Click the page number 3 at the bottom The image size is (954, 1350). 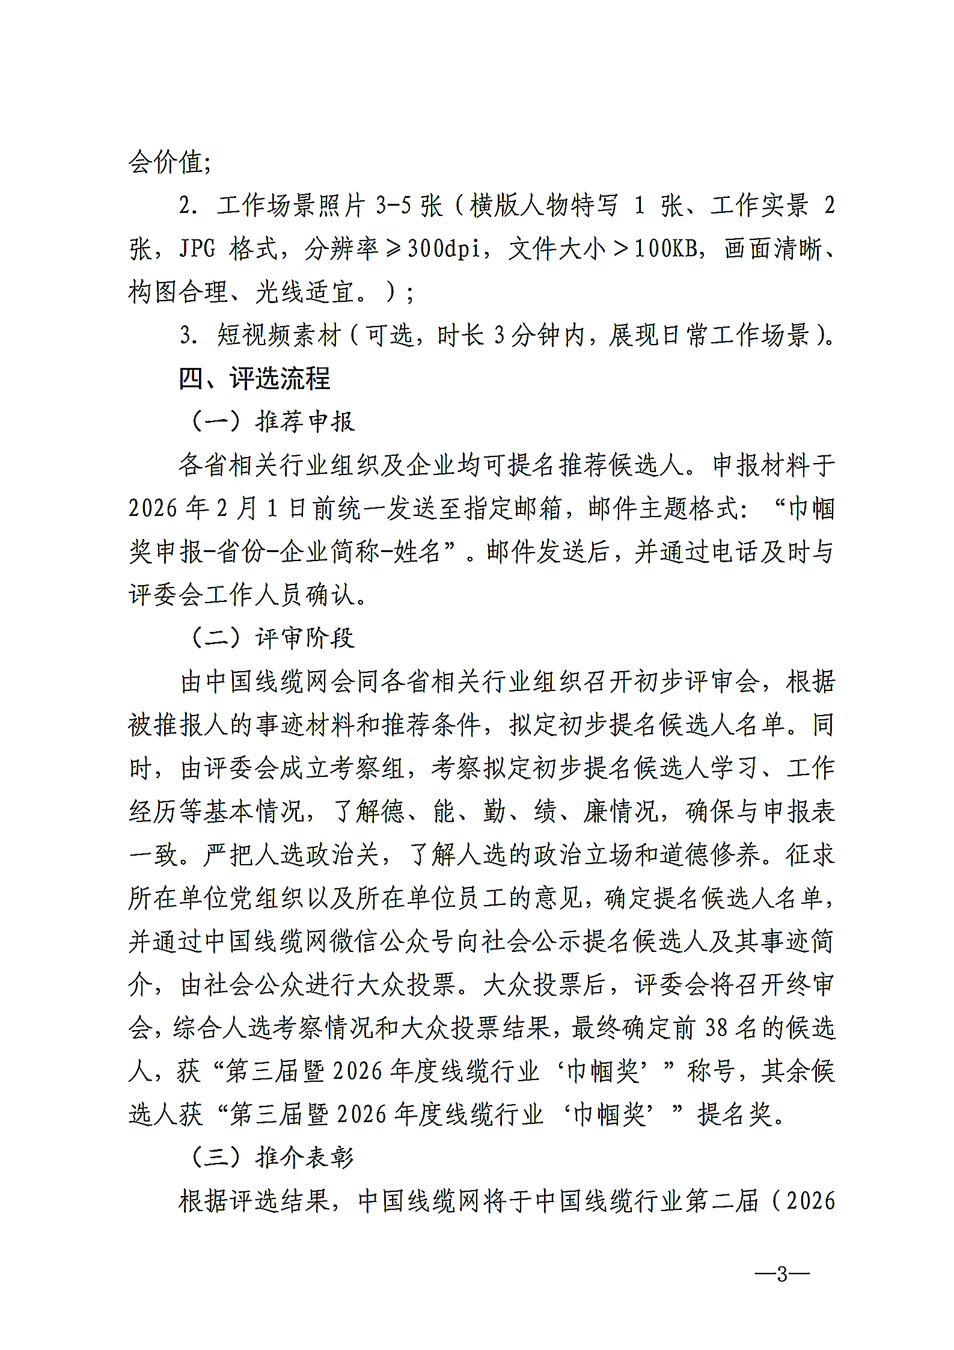tap(781, 1274)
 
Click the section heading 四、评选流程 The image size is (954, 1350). tap(254, 379)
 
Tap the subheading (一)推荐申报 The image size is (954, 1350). tap(273, 422)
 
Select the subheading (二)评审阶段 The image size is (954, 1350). tap(273, 638)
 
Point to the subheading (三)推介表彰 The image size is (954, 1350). tap(273, 1158)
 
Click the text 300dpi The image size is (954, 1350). tap(444, 248)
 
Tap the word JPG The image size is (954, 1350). tap(197, 248)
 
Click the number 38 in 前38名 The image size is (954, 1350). tap(716, 1028)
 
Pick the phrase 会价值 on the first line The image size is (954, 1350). tap(165, 162)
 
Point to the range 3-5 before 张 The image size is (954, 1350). tap(393, 206)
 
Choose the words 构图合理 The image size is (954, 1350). tap(179, 292)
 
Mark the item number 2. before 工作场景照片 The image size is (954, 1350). tap(188, 206)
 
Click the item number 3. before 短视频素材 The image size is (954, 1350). tap(188, 336)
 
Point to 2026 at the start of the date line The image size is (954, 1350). tap(153, 509)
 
